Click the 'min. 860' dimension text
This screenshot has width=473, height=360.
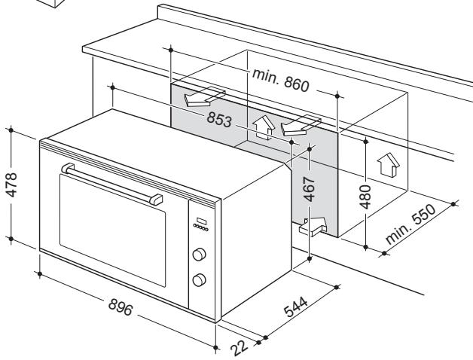pos(279,84)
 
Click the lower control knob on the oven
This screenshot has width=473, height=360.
pos(200,280)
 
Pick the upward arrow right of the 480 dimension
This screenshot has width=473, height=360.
pos(388,163)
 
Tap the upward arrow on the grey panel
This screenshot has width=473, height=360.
pos(263,127)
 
